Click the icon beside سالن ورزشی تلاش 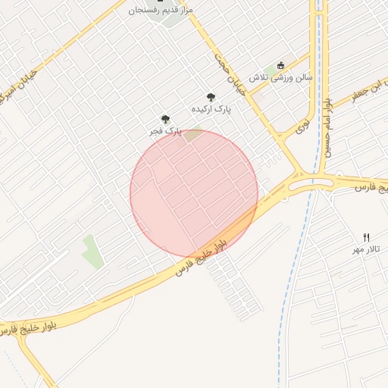pos(282,64)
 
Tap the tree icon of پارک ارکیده pos(211,96)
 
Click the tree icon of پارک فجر pos(165,119)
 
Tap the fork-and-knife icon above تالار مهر pos(367,237)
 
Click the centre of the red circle pos(194,193)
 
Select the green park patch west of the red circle pos(92,251)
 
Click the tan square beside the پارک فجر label pos(194,135)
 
